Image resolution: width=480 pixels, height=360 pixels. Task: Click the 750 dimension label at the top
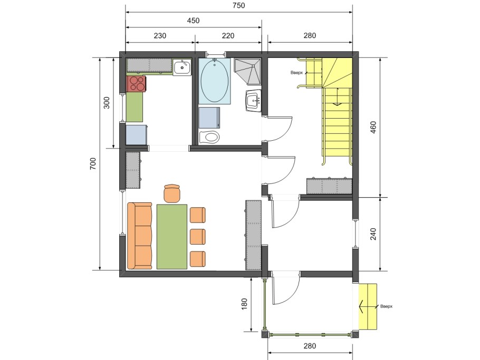pyautogui.click(x=239, y=5)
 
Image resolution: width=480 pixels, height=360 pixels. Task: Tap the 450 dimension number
pyautogui.click(x=193, y=21)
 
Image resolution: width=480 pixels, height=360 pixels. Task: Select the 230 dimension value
pyautogui.click(x=160, y=36)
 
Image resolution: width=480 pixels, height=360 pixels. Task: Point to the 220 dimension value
pyautogui.click(x=228, y=36)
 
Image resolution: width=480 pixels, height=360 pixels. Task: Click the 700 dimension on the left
pyautogui.click(x=93, y=164)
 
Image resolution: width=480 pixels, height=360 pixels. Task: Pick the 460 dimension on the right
pyautogui.click(x=373, y=128)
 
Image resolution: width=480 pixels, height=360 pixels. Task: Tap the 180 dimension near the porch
pyautogui.click(x=244, y=304)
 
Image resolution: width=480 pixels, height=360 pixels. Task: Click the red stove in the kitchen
pyautogui.click(x=136, y=83)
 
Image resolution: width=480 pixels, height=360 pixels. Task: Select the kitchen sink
pyautogui.click(x=182, y=67)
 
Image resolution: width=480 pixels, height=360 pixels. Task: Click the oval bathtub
pyautogui.click(x=214, y=81)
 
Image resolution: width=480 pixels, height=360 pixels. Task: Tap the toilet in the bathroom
pyautogui.click(x=209, y=137)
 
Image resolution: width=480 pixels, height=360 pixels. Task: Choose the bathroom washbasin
pyautogui.click(x=253, y=100)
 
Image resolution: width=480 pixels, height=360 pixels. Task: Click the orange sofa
pyautogui.click(x=140, y=236)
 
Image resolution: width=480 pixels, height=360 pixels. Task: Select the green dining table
pyautogui.click(x=172, y=237)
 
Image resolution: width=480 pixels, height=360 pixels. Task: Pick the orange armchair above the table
pyautogui.click(x=172, y=193)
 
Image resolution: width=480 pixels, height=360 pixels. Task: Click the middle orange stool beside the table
pyautogui.click(x=197, y=237)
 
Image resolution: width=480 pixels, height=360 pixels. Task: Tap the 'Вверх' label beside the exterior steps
pyautogui.click(x=386, y=306)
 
